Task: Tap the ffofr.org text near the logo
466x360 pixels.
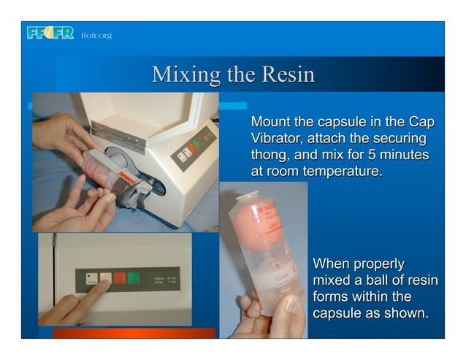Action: point(96,34)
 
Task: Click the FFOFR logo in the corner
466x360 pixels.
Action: point(49,33)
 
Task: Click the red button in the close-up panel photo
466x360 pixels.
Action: point(120,278)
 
